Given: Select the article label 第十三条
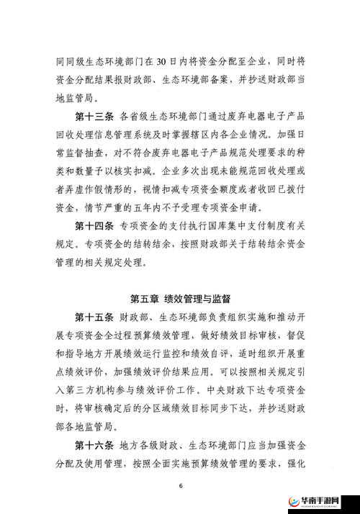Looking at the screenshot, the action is pyautogui.click(x=93, y=115).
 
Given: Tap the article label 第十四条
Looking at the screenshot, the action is pyautogui.click(x=93, y=225).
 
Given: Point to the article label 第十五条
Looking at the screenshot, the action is pyautogui.click(x=93, y=317).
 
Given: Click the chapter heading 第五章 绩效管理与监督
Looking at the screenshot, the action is pyautogui.click(x=181, y=297).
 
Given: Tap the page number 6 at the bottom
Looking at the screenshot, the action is pyautogui.click(x=181, y=485).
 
